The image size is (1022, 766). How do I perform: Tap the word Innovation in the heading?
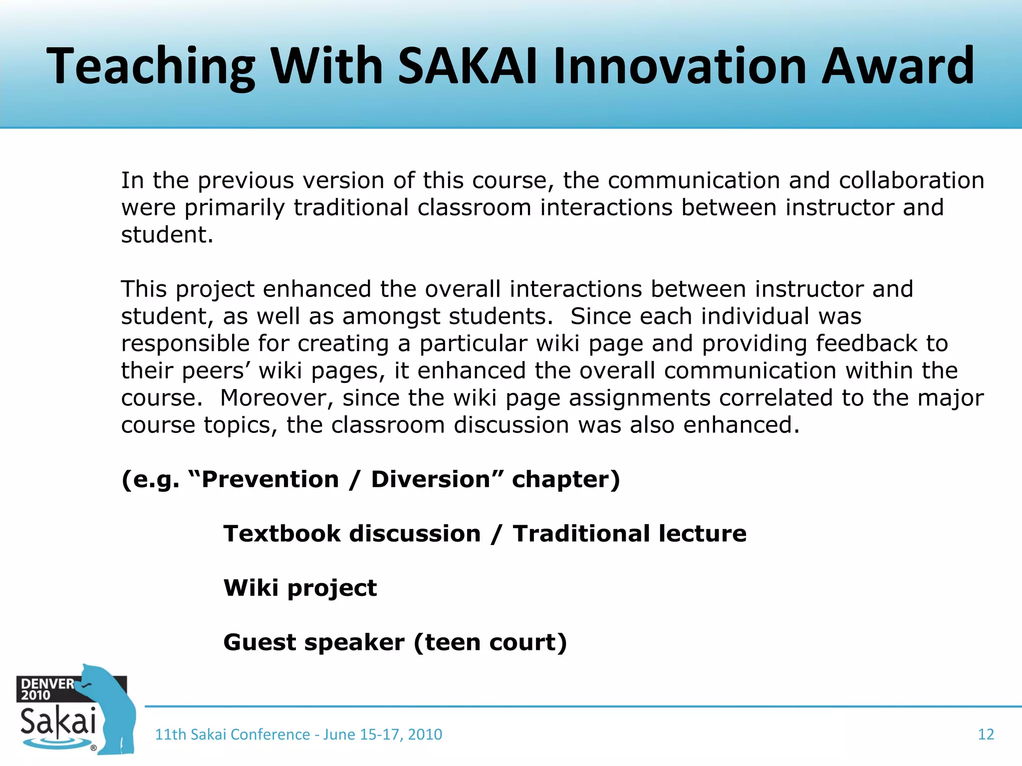point(680,66)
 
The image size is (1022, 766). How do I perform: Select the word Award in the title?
point(897,66)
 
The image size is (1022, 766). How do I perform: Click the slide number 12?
point(986,734)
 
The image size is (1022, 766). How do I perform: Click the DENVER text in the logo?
point(47,684)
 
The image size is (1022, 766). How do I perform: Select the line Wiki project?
point(300,588)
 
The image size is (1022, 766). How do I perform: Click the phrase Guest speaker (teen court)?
point(395,642)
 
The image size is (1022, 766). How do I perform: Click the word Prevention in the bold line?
point(270,479)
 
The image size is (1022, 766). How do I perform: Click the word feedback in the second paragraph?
point(866,344)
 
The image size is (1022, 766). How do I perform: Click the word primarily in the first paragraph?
point(235,208)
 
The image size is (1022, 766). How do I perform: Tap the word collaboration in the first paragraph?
point(911,181)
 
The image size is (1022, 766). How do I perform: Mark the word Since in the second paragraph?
point(601,317)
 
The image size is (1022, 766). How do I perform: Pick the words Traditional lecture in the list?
point(630,534)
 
